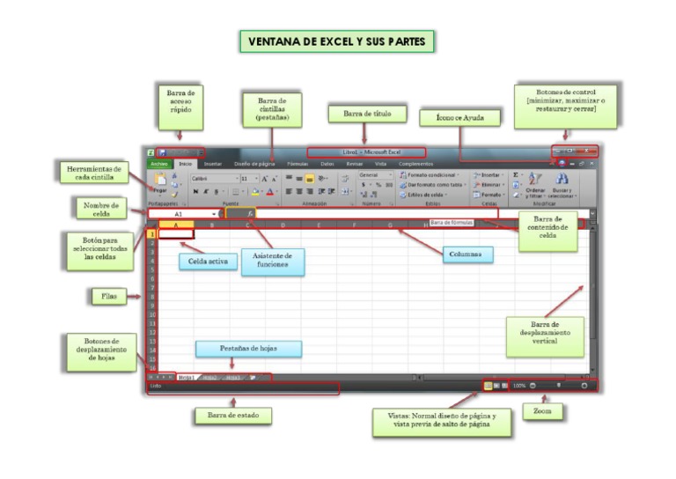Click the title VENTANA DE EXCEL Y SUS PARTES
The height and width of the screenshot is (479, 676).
tap(338, 41)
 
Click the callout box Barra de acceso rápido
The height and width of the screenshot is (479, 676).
tap(180, 104)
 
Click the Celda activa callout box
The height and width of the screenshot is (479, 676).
tap(203, 262)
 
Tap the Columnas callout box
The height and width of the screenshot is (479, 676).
tap(467, 254)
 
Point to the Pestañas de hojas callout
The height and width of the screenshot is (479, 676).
tap(248, 349)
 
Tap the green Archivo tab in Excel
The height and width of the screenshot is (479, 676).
tap(158, 164)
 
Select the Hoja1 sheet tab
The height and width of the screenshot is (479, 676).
tap(186, 377)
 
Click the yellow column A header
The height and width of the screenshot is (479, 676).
tap(177, 225)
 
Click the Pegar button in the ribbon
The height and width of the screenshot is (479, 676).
tap(158, 183)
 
